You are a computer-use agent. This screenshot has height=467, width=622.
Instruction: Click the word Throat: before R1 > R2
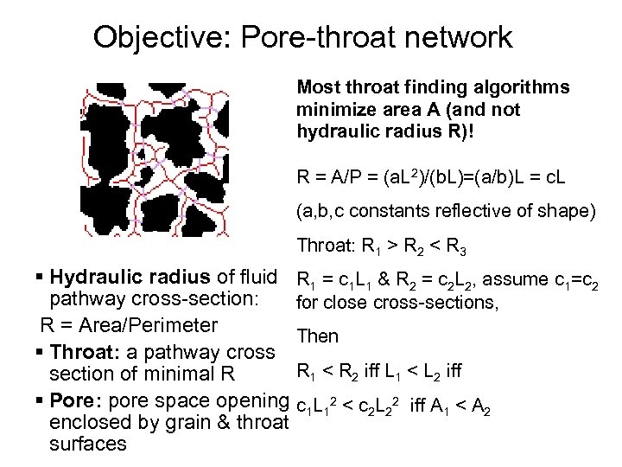click(322, 245)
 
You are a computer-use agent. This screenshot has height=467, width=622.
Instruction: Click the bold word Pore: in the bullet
click(73, 401)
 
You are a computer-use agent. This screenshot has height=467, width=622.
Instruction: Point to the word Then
click(318, 336)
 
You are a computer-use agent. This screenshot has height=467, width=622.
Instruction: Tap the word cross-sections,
click(431, 304)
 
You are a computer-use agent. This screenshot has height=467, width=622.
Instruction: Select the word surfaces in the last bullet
click(88, 445)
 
